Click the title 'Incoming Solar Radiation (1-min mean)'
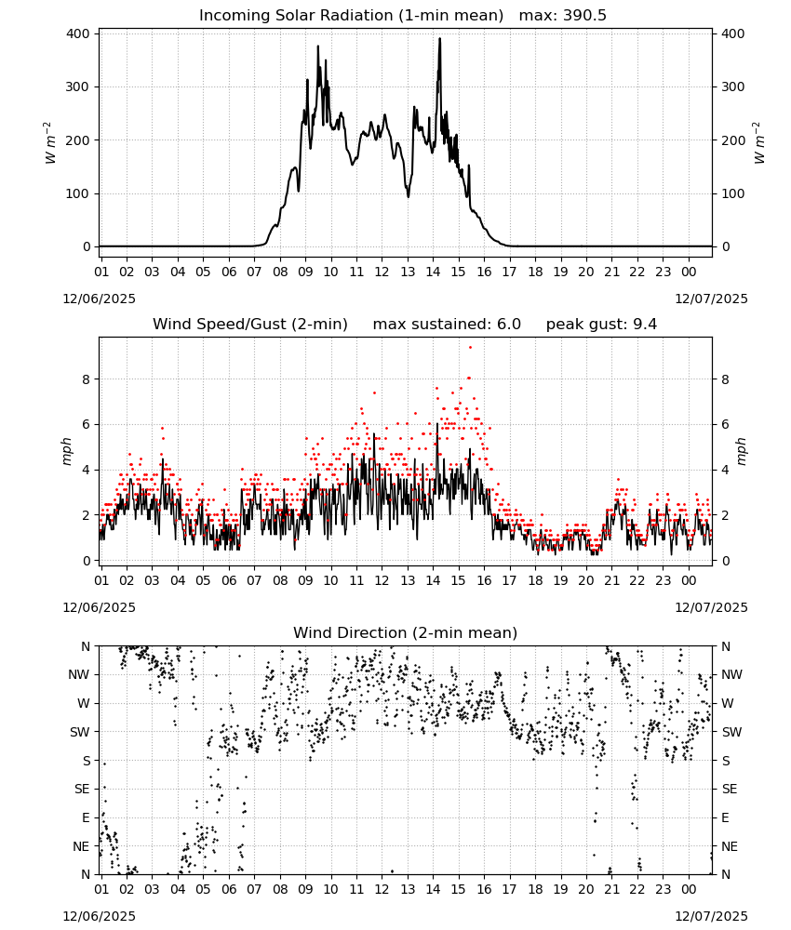351,16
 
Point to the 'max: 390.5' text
563,16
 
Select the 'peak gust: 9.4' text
601,325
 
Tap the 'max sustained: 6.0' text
447,325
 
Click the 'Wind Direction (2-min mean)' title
406,632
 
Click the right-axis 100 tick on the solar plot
732,193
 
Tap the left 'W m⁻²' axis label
50,142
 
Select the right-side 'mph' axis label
741,451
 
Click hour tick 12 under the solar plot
382,272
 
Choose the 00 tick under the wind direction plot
689,889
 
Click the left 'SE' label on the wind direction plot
83,789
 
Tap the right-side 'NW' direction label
731,674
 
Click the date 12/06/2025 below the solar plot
99,299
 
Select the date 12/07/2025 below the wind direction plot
712,916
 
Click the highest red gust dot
470,347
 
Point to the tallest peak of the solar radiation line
440,38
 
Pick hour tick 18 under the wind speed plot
535,580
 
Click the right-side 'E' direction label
725,817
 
